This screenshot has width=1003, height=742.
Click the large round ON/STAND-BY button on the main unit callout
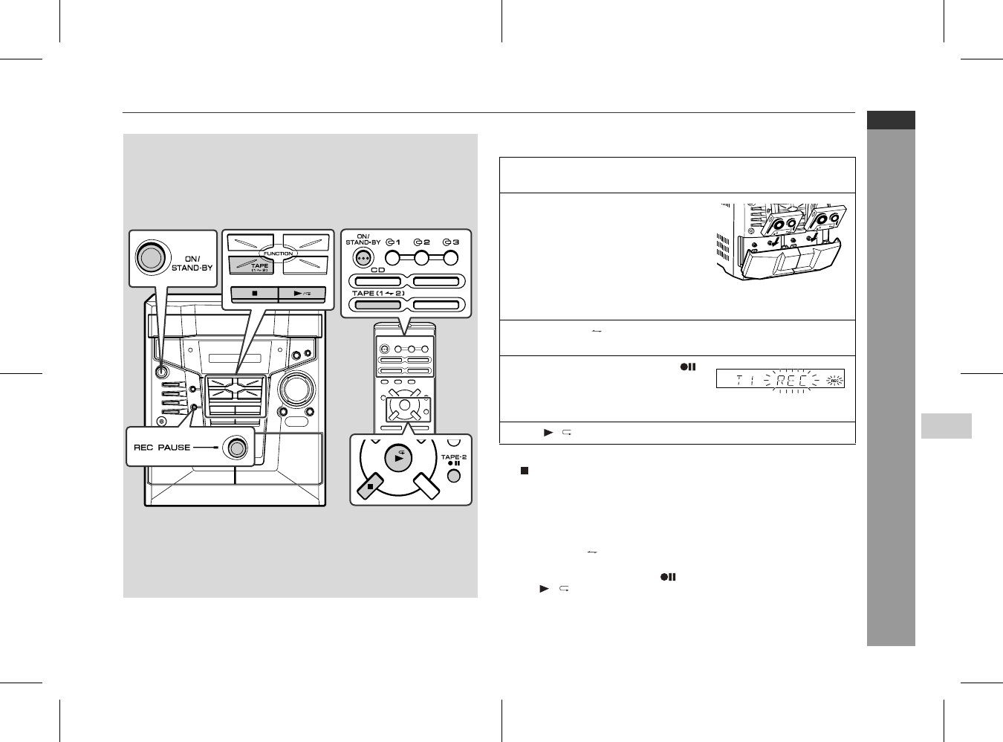point(153,257)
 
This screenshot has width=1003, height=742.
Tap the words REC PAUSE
point(162,448)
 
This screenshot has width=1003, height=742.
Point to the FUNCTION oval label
point(278,254)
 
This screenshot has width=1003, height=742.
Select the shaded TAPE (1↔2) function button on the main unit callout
point(251,265)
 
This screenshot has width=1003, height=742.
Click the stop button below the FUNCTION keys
point(255,294)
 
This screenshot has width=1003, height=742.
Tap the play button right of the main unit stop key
point(302,294)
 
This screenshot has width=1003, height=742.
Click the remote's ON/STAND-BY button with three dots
point(363,258)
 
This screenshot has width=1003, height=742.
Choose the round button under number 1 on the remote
point(392,258)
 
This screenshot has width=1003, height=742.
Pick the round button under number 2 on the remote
point(421,258)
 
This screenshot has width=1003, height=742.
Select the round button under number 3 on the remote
point(450,258)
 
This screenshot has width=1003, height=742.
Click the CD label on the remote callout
point(377,270)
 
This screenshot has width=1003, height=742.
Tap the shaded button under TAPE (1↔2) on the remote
point(378,304)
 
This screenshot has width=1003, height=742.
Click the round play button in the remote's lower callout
point(398,458)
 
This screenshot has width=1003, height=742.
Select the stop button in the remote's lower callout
point(370,485)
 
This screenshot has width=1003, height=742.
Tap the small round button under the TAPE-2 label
point(453,476)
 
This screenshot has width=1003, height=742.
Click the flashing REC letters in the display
point(791,380)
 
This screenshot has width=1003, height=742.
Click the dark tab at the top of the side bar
point(891,120)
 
